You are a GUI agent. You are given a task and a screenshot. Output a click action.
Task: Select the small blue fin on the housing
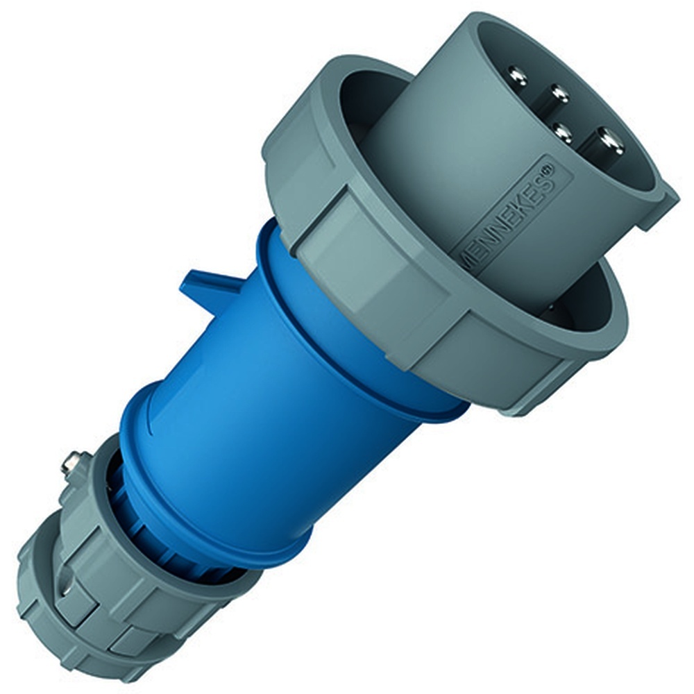pos(201,285)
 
